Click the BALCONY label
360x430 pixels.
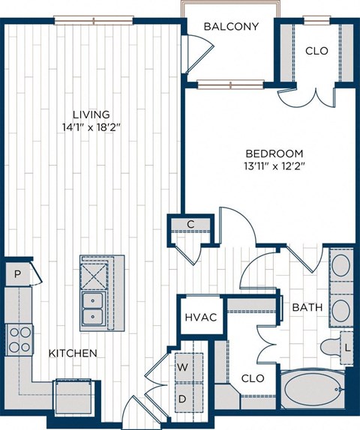pos(232,27)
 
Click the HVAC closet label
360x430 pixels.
pos(201,318)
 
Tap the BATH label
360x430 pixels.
pos(307,307)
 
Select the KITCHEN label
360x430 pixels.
pos(73,353)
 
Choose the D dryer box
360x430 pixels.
pos(182,398)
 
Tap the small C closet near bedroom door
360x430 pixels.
pos(190,224)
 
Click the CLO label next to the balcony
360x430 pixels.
pos(316,52)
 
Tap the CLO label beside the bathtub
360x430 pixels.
pos(253,378)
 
